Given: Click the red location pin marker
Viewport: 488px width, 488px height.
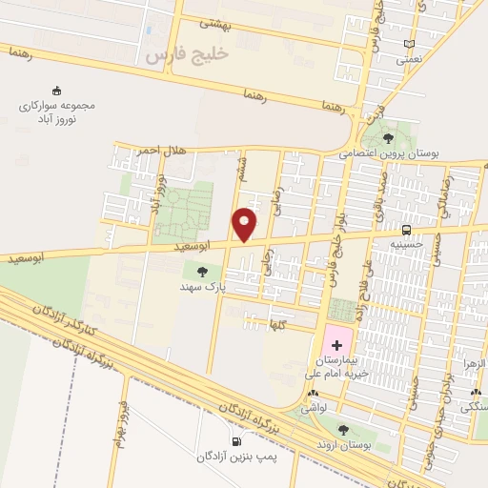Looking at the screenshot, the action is pyautogui.click(x=245, y=224).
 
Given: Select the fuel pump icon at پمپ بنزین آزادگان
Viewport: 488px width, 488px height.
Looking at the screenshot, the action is pyautogui.click(x=235, y=440).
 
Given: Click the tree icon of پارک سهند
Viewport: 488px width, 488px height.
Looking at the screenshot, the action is pyautogui.click(x=200, y=272).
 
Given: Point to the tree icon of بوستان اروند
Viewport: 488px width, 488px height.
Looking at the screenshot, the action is pyautogui.click(x=343, y=429).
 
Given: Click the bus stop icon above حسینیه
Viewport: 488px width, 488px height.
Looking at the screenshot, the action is pyautogui.click(x=407, y=230).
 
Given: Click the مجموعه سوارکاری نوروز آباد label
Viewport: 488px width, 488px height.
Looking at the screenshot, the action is pyautogui.click(x=59, y=113).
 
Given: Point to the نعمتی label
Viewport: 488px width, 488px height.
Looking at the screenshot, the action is pyautogui.click(x=409, y=58).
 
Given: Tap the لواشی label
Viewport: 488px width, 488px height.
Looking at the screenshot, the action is pyautogui.click(x=315, y=407).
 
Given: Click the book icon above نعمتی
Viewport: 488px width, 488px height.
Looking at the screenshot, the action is pyautogui.click(x=409, y=43).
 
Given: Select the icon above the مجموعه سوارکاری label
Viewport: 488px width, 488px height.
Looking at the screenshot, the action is pyautogui.click(x=56, y=91).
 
